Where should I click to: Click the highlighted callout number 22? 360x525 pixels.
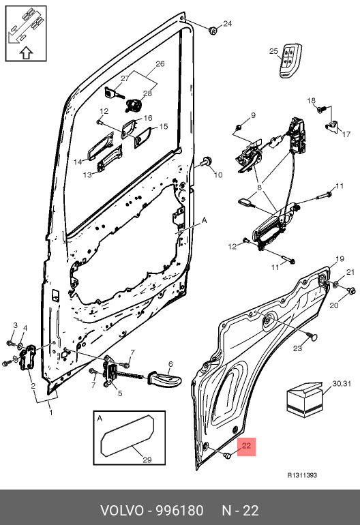[246, 446]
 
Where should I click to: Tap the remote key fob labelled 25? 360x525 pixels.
[290, 60]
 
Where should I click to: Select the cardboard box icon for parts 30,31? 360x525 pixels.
[305, 400]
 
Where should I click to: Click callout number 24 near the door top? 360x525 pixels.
[227, 23]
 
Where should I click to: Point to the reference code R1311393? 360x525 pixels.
[302, 475]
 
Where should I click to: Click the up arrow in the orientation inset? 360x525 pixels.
[26, 53]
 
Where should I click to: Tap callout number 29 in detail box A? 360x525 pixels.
[147, 460]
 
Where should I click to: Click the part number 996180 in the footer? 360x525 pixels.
[180, 511]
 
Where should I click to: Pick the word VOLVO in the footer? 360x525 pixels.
[122, 511]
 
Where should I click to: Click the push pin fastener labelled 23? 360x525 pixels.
[312, 337]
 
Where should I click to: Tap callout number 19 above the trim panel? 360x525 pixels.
[340, 258]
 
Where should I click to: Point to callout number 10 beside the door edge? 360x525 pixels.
[218, 175]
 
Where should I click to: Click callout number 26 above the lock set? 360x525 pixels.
[160, 63]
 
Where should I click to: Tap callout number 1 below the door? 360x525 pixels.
[51, 412]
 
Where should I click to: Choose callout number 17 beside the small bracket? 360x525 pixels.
[346, 134]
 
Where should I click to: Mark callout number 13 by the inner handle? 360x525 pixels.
[87, 175]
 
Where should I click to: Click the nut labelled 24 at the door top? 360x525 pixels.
[213, 31]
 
